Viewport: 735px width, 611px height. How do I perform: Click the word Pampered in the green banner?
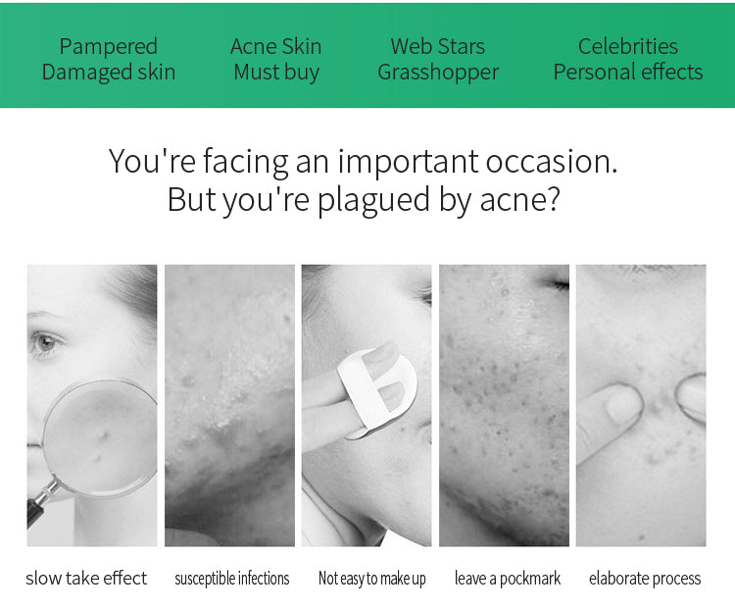[108, 46]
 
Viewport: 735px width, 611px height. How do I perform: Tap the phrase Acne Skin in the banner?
[276, 46]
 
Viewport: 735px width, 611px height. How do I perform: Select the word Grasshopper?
[438, 73]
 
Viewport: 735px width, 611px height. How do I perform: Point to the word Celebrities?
[628, 46]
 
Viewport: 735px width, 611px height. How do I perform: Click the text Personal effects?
[628, 73]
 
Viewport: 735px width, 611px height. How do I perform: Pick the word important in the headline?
[408, 162]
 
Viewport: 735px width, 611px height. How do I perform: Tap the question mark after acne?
[554, 198]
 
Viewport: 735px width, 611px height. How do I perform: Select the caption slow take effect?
[86, 579]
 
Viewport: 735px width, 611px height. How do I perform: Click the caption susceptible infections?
[232, 579]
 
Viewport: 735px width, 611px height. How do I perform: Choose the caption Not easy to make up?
[372, 579]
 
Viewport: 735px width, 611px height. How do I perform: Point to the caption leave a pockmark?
[508, 579]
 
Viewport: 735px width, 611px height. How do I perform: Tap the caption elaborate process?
[645, 579]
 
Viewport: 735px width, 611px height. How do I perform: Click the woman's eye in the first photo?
[45, 342]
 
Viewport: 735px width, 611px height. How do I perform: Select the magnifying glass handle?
[41, 502]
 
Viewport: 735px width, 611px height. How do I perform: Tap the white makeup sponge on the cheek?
[378, 388]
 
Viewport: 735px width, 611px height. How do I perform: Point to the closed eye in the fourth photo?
[555, 282]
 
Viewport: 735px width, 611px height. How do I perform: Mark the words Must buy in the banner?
[276, 73]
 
